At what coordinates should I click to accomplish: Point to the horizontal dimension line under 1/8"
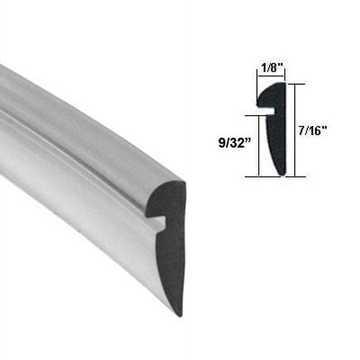271,76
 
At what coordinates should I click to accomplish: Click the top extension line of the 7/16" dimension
296,84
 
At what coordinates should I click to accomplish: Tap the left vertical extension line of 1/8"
257,90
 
